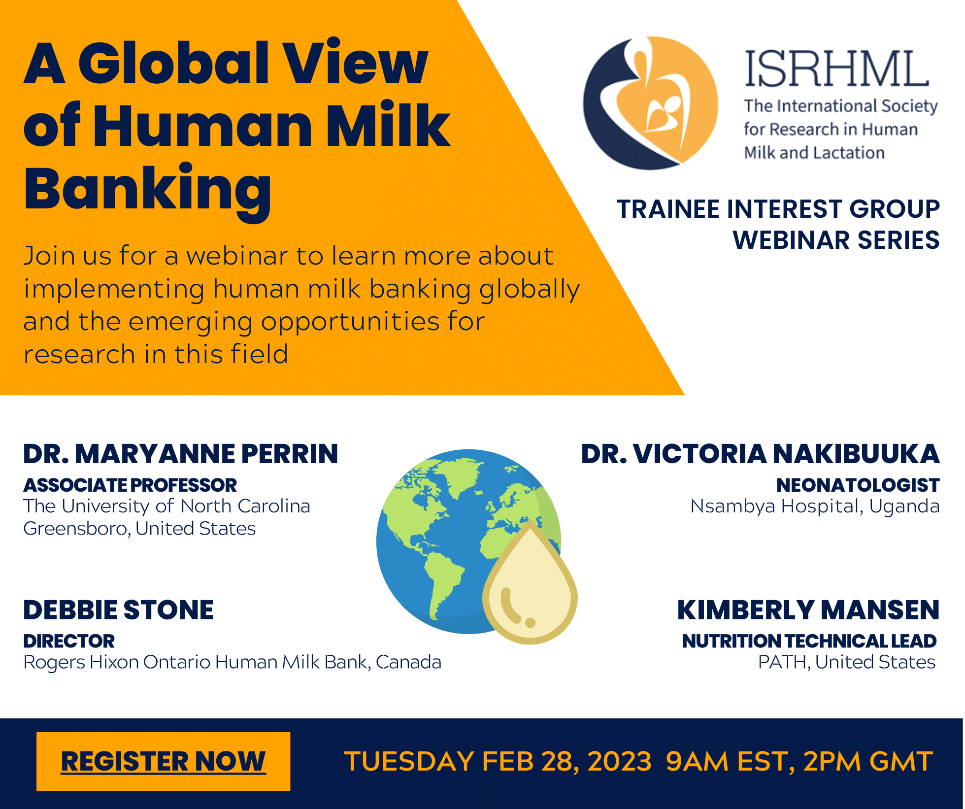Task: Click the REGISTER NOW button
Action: click(163, 761)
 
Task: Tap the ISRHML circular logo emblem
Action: click(650, 103)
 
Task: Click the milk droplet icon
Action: click(530, 583)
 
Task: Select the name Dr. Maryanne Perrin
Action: click(181, 454)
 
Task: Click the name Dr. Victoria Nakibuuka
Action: click(760, 454)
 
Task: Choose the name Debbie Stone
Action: click(118, 610)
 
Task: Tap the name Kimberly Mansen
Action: click(808, 610)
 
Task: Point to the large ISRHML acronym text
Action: click(836, 68)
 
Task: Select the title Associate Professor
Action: click(130, 485)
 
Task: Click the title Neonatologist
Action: click(858, 485)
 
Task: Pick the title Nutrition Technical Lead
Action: click(809, 641)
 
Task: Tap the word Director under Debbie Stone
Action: click(69, 641)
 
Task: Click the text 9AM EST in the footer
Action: click(728, 762)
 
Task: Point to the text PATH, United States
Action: click(846, 662)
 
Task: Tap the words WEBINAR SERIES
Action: click(836, 240)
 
